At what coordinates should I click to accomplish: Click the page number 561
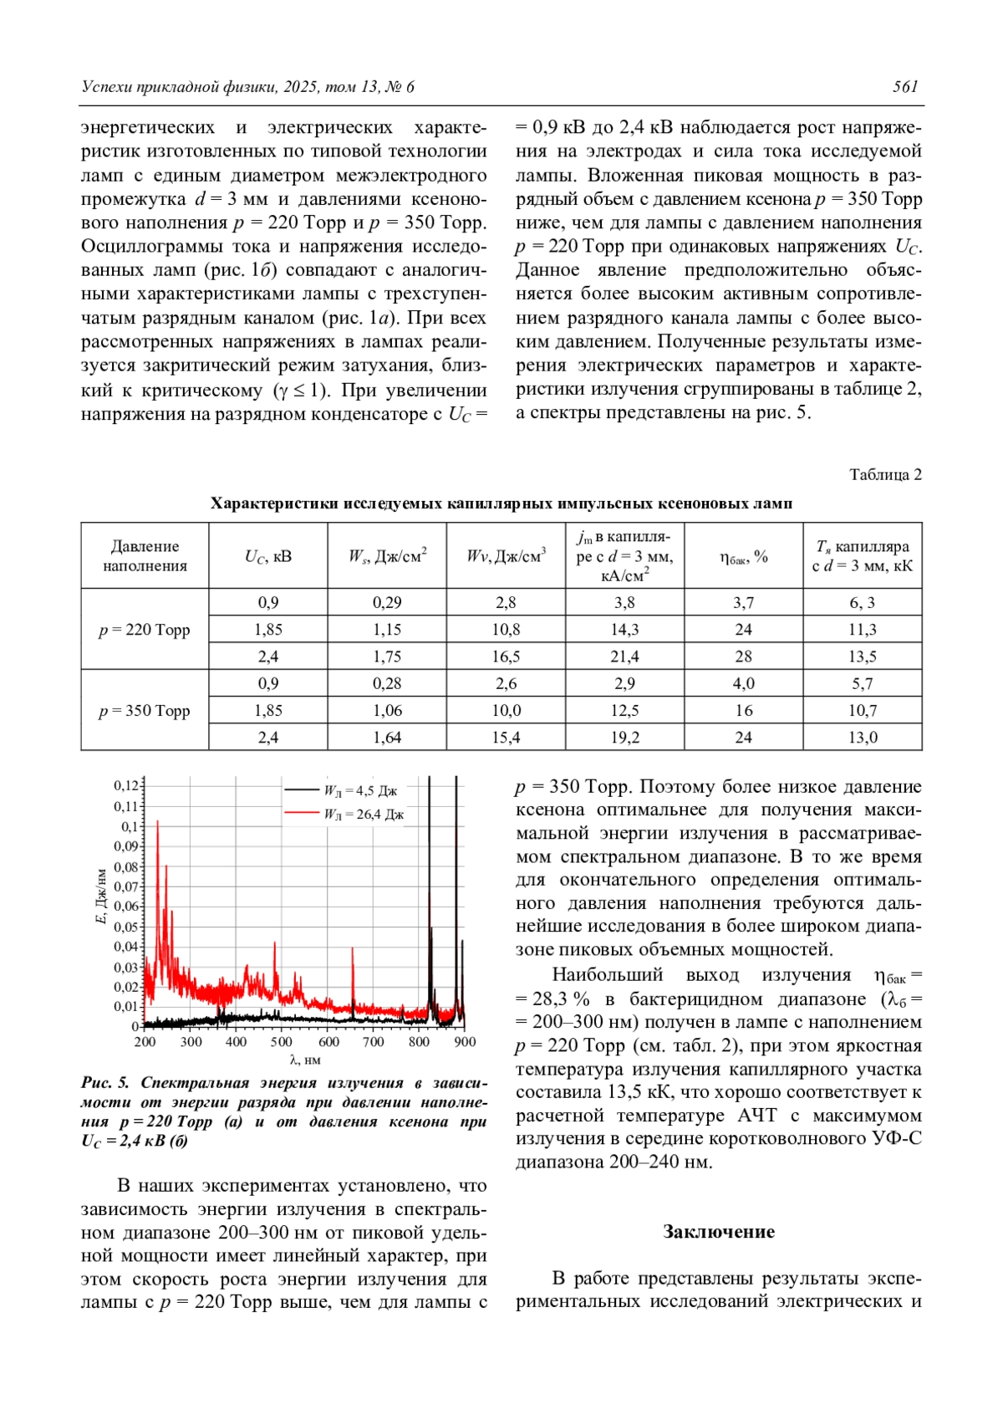(x=905, y=86)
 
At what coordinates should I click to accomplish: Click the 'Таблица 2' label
(x=885, y=474)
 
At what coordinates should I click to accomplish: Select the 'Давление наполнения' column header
(x=145, y=555)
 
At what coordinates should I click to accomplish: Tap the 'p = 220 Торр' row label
(x=145, y=629)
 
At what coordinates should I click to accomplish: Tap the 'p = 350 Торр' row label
(x=145, y=710)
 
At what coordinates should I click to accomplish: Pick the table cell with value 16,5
(x=506, y=656)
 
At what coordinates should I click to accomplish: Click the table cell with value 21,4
(x=624, y=656)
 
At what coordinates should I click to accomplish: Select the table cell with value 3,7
(x=743, y=602)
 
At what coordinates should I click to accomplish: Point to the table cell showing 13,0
(x=863, y=737)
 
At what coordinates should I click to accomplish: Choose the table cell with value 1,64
(x=387, y=737)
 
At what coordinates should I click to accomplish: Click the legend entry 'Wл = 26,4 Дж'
(x=363, y=814)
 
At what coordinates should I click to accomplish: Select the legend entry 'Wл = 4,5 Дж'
(x=359, y=790)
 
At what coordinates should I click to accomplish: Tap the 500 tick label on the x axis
(x=282, y=1042)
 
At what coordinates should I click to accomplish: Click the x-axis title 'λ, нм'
(x=305, y=1060)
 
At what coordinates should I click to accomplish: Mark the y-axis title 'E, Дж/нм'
(x=102, y=896)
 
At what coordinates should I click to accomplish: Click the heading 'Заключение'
(x=718, y=1231)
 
